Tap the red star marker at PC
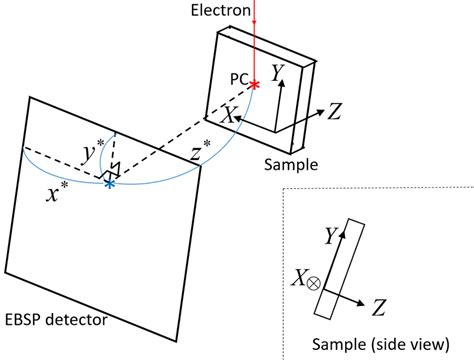click(255, 84)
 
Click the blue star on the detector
click(110, 183)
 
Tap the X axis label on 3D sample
click(229, 116)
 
